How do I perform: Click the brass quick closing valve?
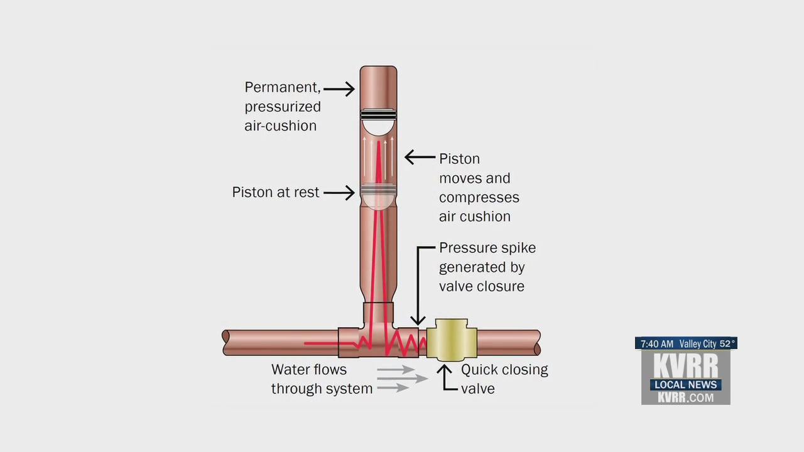pos(451,339)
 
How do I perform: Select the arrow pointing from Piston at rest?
pos(339,192)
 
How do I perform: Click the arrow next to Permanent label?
pos(339,89)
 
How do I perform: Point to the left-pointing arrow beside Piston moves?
pos(420,157)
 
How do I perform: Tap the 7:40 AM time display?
pos(656,344)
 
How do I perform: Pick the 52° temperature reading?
pos(727,344)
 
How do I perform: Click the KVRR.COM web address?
pos(685,397)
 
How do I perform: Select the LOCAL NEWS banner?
pos(685,384)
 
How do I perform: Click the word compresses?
pos(479,197)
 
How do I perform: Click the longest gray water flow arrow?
pos(402,379)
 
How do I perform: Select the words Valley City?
pos(698,344)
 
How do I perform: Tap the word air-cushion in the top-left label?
pos(280,126)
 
